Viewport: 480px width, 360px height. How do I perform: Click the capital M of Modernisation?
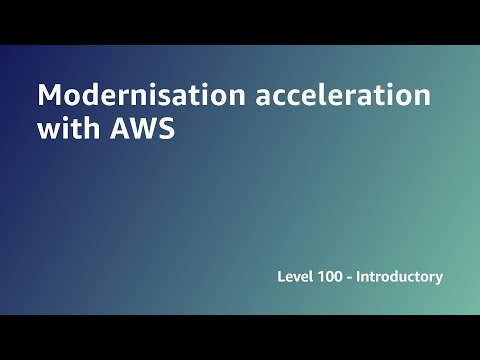tap(49, 97)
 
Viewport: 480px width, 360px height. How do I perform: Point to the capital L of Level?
tap(281, 276)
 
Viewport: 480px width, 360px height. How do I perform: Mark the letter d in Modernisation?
tap(87, 97)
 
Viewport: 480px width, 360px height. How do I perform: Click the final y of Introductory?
tap(438, 279)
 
